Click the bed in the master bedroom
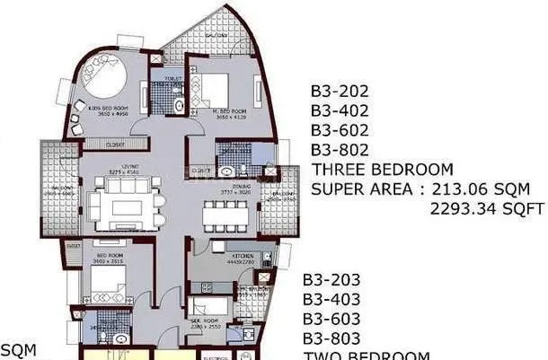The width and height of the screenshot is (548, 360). tap(217, 87)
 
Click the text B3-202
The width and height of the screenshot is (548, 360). tap(340, 91)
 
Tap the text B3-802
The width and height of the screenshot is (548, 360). tap(340, 150)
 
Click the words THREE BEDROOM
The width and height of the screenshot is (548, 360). tap(382, 170)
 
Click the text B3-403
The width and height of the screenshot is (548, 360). tap(331, 299)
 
